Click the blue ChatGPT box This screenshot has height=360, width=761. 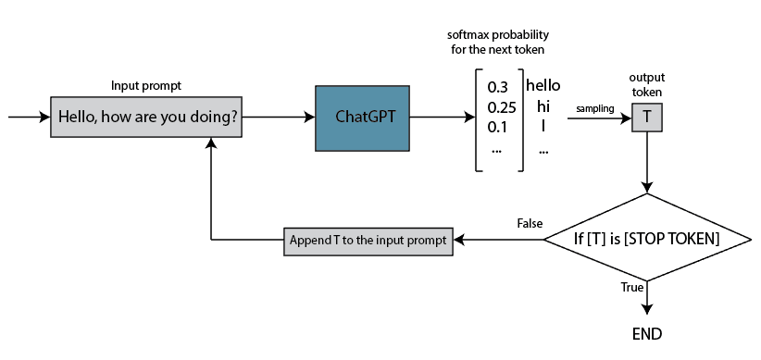pos(362,118)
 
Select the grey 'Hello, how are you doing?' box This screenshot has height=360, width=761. pos(147,118)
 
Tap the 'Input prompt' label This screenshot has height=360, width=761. pos(146,85)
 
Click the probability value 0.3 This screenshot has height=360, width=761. pos(499,88)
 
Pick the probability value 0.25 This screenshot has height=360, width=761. pos(500,107)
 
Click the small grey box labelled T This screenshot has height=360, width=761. pos(646,118)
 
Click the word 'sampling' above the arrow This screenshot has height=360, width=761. pos(595,108)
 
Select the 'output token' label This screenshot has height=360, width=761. pos(646,84)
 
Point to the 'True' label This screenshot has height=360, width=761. pos(631,288)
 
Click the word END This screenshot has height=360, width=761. pos(646,334)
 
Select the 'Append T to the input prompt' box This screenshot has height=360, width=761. pos(368,241)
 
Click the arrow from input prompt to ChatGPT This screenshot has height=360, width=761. pos(278,118)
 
